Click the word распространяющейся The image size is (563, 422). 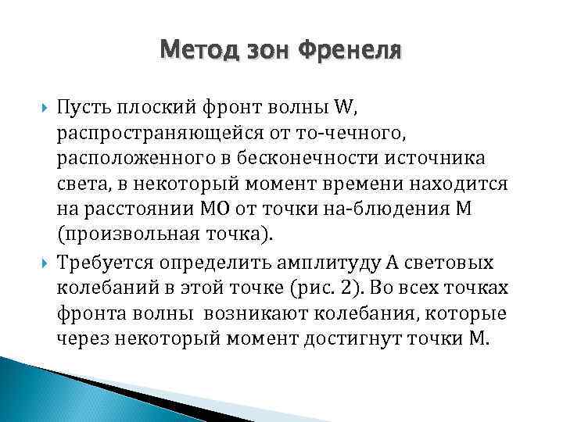click(153, 132)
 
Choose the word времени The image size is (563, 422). click(365, 184)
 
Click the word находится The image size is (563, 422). click(461, 184)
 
